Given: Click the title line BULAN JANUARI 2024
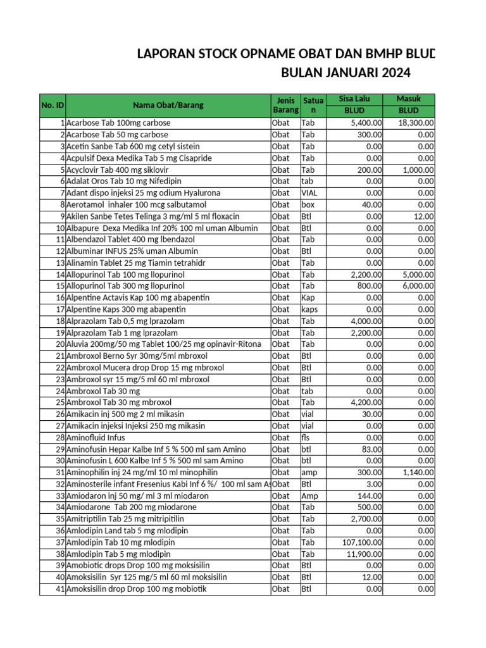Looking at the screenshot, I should tap(346, 73).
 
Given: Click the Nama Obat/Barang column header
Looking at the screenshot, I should tap(168, 105).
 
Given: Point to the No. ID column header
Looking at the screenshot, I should tap(53, 105).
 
